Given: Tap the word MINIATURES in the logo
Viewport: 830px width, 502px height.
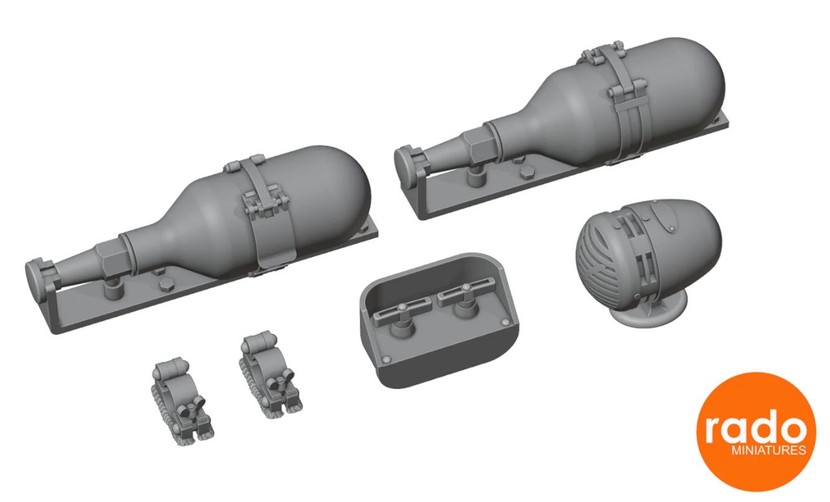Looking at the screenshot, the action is click(x=768, y=450).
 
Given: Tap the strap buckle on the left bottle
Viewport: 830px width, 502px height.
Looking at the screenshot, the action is click(x=266, y=204).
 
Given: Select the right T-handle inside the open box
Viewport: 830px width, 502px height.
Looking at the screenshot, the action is click(x=464, y=294).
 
